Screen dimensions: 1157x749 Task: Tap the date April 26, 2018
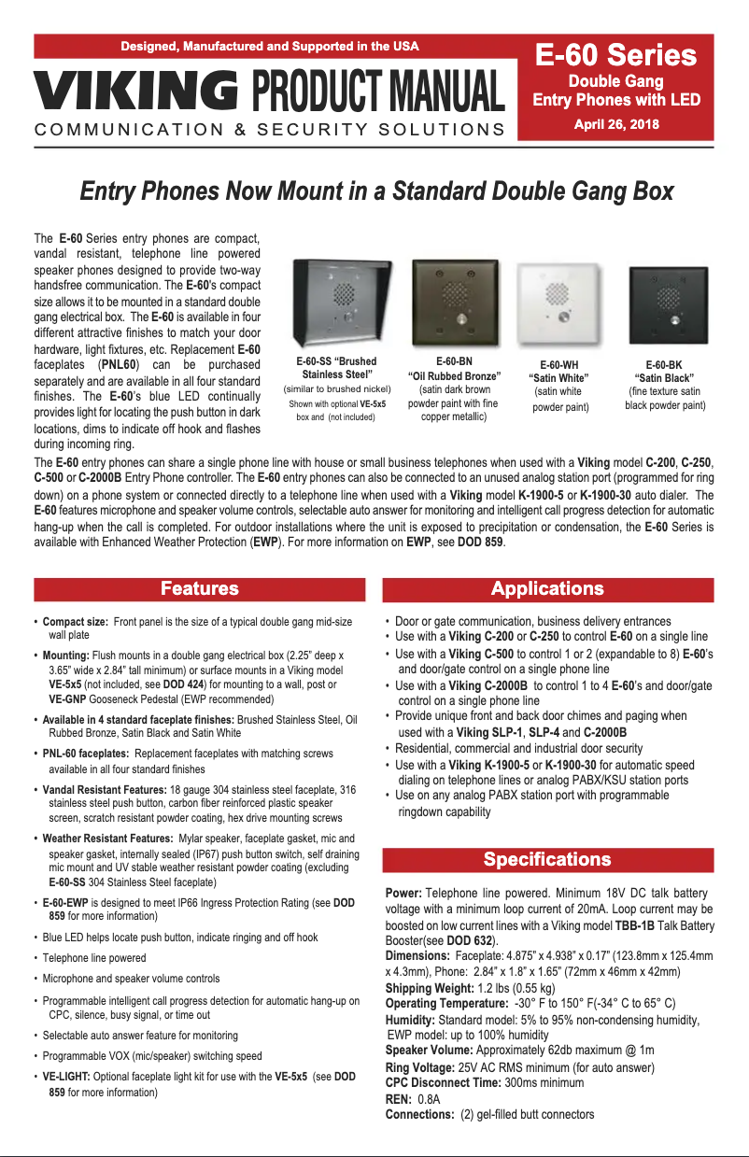click(616, 123)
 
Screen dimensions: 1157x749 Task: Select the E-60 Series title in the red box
click(616, 56)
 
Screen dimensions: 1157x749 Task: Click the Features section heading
click(199, 588)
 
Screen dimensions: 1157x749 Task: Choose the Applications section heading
click(547, 588)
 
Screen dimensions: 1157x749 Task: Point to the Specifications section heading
click(547, 859)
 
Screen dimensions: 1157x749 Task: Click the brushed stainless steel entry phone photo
click(343, 302)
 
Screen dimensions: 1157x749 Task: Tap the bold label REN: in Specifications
click(399, 1099)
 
